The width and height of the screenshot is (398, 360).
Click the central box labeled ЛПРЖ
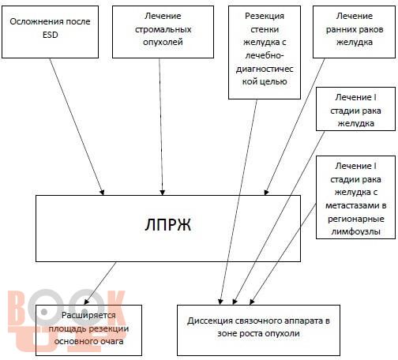168,228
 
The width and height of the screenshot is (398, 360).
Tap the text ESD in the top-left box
50,35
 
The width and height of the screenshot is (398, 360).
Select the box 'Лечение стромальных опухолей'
163,32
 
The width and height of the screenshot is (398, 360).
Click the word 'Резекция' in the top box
265,17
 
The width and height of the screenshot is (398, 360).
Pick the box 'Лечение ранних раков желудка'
354,32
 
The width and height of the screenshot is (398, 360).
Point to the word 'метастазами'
355,205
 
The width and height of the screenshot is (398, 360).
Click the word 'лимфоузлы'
355,231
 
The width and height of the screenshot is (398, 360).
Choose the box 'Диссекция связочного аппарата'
258,330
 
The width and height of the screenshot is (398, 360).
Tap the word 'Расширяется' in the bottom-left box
88,315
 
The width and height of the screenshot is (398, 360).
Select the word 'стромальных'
163,29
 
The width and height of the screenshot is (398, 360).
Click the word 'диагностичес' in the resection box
265,69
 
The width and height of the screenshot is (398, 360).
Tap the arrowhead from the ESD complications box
102,193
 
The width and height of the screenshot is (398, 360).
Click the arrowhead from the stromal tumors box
163,193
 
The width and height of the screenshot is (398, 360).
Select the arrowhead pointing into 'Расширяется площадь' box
86,302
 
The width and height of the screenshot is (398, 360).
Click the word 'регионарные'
356,219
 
